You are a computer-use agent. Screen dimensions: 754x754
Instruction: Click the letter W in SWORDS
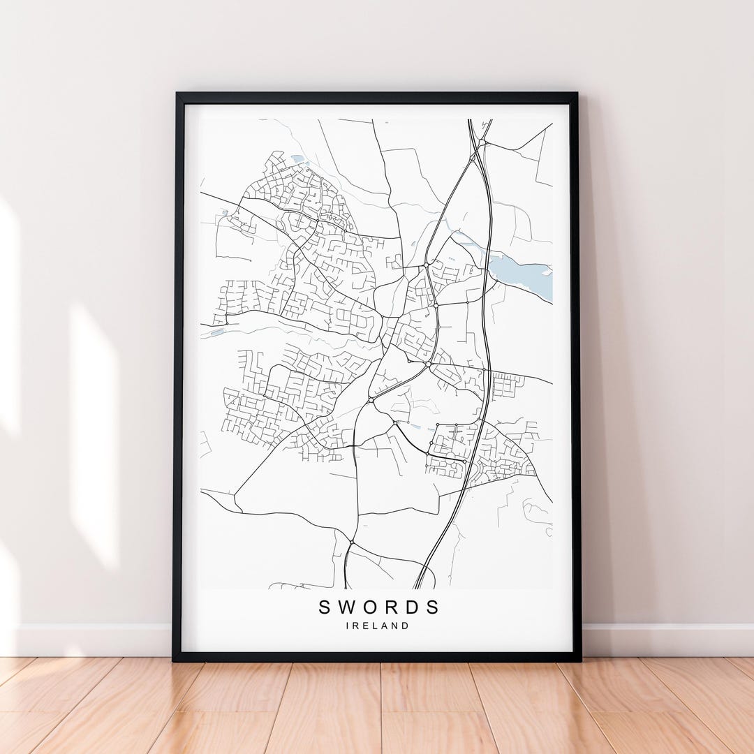(x=348, y=607)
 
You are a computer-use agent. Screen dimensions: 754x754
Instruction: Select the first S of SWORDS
(x=325, y=607)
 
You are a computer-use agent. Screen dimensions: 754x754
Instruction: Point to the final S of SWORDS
(x=434, y=607)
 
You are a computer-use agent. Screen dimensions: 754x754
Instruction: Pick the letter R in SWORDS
(x=392, y=607)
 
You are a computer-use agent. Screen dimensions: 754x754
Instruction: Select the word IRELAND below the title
(x=378, y=626)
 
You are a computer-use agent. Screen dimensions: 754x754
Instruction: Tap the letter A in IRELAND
(x=384, y=626)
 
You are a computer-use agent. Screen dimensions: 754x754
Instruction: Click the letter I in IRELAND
(x=348, y=626)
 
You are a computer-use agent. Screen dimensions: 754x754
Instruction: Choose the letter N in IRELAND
(x=394, y=626)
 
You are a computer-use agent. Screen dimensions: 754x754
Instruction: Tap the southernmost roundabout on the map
(x=351, y=542)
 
